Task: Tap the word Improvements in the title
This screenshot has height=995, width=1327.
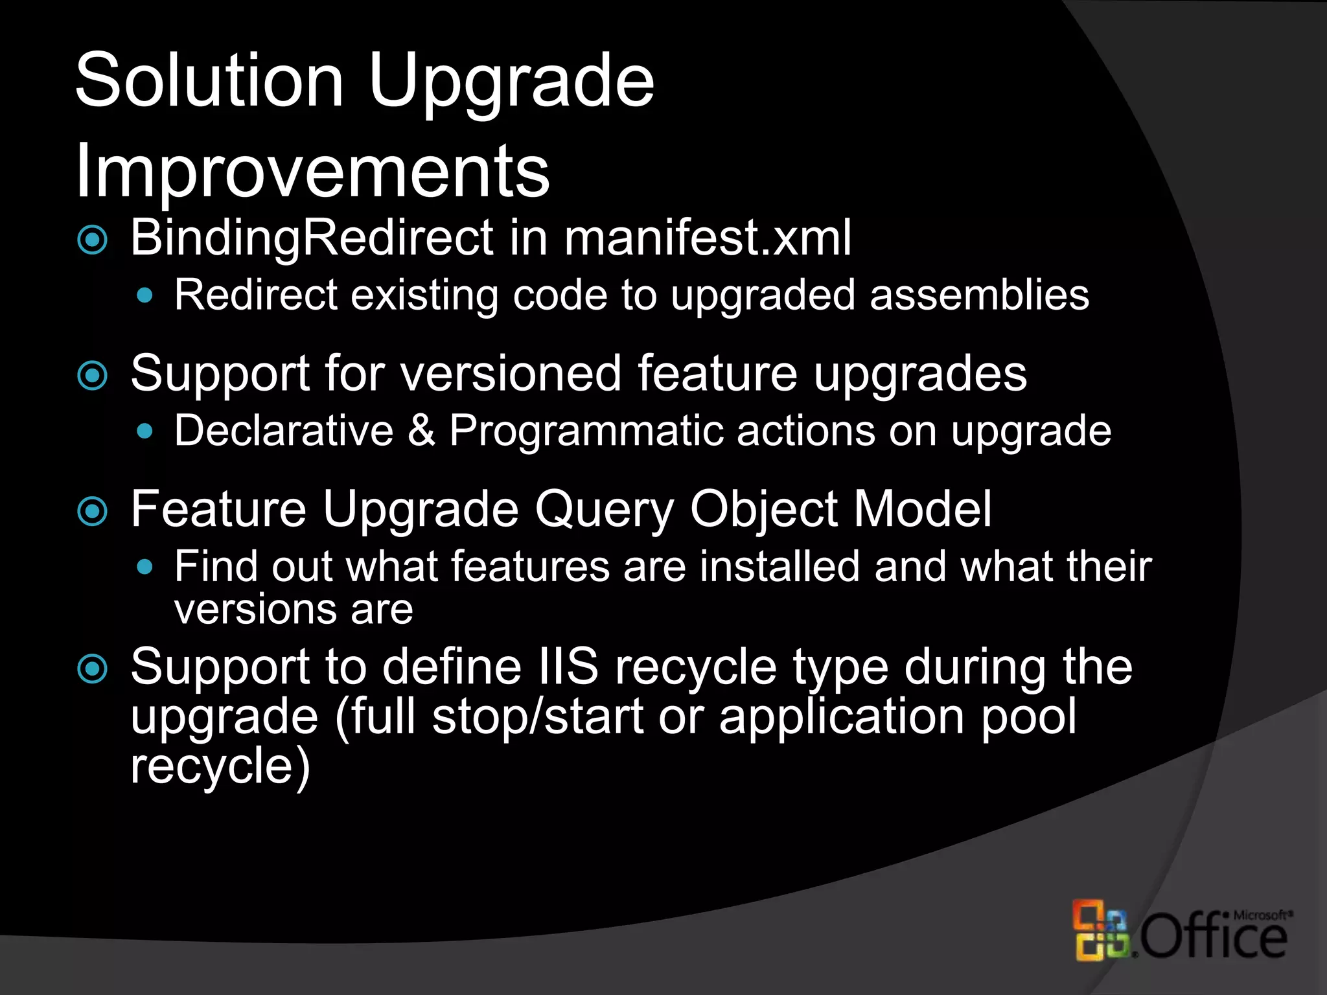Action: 312,172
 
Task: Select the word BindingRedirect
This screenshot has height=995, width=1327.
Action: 312,238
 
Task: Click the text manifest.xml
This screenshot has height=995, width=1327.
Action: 707,238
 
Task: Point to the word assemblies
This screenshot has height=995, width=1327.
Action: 979,295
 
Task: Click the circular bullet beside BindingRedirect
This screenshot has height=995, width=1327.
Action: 92,240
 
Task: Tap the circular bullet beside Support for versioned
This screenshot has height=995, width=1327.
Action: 92,376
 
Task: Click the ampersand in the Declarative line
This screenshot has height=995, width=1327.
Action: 421,431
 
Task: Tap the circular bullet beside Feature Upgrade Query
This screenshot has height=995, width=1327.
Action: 92,512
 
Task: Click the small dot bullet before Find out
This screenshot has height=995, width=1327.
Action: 145,568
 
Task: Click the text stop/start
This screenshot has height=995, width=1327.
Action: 538,716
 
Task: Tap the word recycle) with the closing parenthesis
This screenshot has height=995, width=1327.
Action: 220,766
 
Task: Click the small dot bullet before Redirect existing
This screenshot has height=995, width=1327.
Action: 145,296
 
